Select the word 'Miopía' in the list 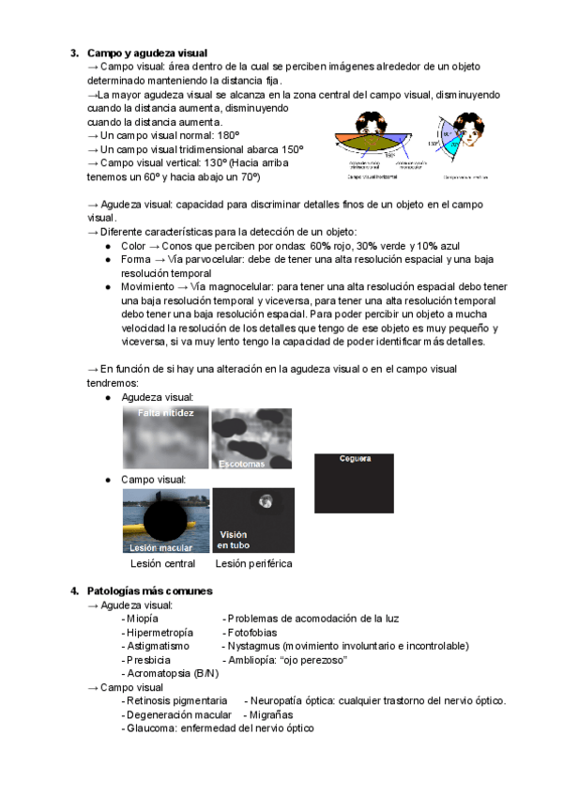(142, 619)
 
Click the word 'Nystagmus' (253, 646)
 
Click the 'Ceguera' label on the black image (356, 459)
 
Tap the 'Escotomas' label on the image (241, 464)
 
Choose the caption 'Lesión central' (163, 564)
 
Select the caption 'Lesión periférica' (253, 564)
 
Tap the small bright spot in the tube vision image (266, 501)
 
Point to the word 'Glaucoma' (155, 728)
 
